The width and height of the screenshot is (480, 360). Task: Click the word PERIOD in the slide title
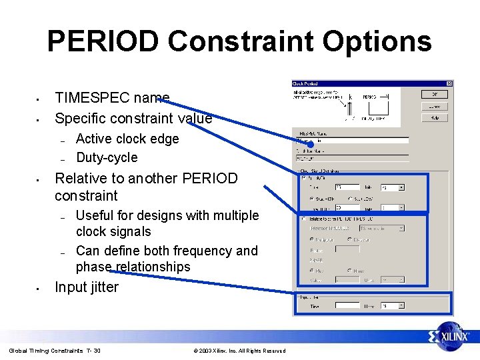pyautogui.click(x=103, y=41)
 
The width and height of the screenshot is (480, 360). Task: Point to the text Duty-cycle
pyautogui.click(x=107, y=157)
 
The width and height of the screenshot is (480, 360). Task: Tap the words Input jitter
pyautogui.click(x=87, y=287)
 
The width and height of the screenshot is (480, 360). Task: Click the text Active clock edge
pyautogui.click(x=127, y=139)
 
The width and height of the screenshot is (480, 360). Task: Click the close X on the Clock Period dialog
pyautogui.click(x=449, y=83)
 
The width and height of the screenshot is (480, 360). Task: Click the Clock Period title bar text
pyautogui.click(x=305, y=83)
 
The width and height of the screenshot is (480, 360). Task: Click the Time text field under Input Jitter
pyautogui.click(x=347, y=305)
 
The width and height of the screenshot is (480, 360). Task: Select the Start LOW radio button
pyautogui.click(x=351, y=198)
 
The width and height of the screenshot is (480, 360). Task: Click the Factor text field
pyautogui.click(x=347, y=249)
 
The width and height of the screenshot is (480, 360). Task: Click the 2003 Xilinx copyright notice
pyautogui.click(x=239, y=351)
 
